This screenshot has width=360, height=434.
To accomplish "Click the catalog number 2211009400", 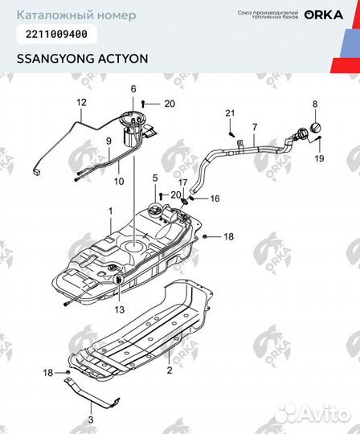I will [x=52, y=34].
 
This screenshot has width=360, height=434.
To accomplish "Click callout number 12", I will [x=80, y=103].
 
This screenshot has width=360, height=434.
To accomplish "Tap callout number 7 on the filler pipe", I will [x=255, y=127].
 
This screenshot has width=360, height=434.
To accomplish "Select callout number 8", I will [x=315, y=104].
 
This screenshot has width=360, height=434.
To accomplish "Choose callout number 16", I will [x=215, y=198].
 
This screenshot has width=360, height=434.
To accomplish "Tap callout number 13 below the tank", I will [x=119, y=309].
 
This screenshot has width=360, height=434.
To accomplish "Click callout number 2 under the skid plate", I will [x=170, y=371].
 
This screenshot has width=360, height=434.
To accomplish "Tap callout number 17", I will [x=183, y=182].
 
